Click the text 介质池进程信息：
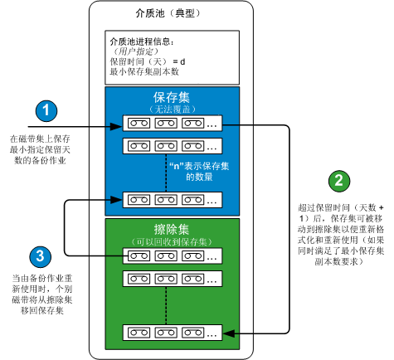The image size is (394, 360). pyautogui.click(x=142, y=41)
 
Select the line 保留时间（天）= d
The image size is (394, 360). pyautogui.click(x=148, y=61)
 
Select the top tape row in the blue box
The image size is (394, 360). pyautogui.click(x=173, y=124)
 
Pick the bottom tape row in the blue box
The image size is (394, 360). pyautogui.click(x=173, y=199)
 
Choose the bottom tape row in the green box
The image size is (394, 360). pyautogui.click(x=173, y=333)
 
